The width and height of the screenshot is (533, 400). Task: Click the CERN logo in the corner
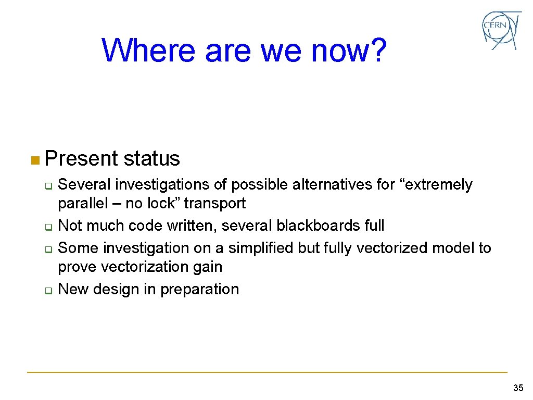point(501,30)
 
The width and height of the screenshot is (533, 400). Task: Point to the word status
point(152,158)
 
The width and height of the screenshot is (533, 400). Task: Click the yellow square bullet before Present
point(34,159)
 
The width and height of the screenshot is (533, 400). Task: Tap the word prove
point(77,267)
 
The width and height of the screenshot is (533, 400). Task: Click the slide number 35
point(518,387)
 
